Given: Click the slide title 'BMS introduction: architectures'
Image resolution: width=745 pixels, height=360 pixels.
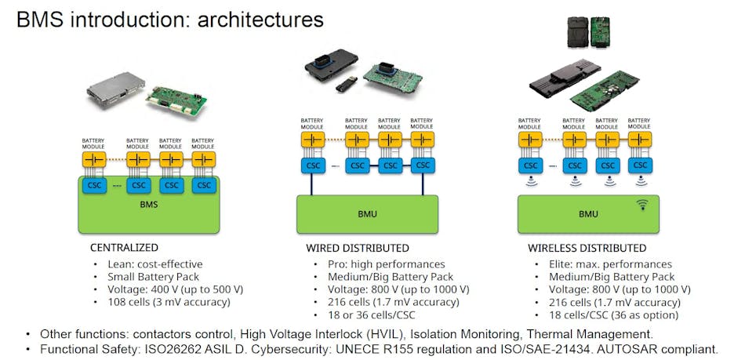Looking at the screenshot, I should tap(169, 18).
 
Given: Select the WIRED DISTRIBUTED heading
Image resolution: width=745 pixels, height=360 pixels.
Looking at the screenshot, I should tap(358, 248).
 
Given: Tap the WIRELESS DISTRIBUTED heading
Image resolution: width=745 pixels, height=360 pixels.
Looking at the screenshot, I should tap(587, 248).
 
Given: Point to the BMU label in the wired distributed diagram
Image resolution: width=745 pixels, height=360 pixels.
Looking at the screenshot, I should tap(366, 213).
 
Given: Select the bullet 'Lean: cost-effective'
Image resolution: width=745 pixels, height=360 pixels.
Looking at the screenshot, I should tap(154, 264).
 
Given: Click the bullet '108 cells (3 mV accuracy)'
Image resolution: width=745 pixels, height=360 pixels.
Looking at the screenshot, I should tap(169, 302).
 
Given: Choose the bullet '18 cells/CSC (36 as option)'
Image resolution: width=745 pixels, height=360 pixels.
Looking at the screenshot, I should tap(614, 315).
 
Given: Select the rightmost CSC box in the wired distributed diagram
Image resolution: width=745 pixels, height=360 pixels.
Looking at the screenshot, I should tap(424, 165).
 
